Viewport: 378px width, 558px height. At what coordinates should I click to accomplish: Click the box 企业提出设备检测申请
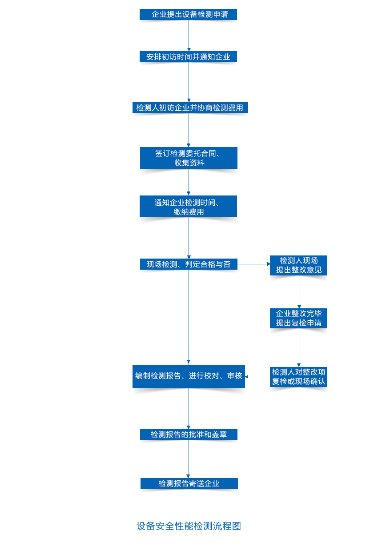tap(188, 15)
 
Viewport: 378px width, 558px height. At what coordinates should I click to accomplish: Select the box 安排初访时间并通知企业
tap(188, 57)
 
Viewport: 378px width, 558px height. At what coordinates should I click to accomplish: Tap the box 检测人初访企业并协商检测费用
tap(190, 108)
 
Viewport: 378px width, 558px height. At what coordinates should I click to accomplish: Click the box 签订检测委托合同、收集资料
tap(189, 158)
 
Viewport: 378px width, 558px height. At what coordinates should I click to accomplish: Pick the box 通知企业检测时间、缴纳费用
tap(188, 207)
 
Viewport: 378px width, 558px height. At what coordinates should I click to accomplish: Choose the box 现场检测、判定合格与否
tap(189, 264)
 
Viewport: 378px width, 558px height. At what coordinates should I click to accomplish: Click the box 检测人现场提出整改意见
tap(298, 265)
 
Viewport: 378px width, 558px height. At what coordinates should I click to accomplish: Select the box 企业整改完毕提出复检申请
tap(298, 318)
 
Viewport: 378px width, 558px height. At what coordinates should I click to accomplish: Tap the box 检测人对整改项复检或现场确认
tap(298, 377)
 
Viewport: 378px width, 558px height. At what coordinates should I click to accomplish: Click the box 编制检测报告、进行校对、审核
tap(189, 376)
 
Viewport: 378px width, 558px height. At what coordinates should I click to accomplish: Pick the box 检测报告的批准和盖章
tap(189, 434)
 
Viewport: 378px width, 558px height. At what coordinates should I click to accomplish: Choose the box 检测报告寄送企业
tap(189, 483)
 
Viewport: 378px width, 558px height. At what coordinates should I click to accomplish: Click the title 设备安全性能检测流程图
tap(189, 526)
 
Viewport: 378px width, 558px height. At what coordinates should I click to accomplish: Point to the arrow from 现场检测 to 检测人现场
tap(253, 264)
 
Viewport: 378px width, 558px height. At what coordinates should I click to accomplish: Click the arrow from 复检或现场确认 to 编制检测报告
tap(257, 377)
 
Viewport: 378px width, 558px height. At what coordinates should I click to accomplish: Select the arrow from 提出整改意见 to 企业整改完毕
tap(299, 292)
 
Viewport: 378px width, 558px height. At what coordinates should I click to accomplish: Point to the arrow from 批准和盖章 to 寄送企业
tap(189, 459)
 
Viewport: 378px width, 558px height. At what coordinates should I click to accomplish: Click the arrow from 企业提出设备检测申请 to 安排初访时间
tap(189, 36)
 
